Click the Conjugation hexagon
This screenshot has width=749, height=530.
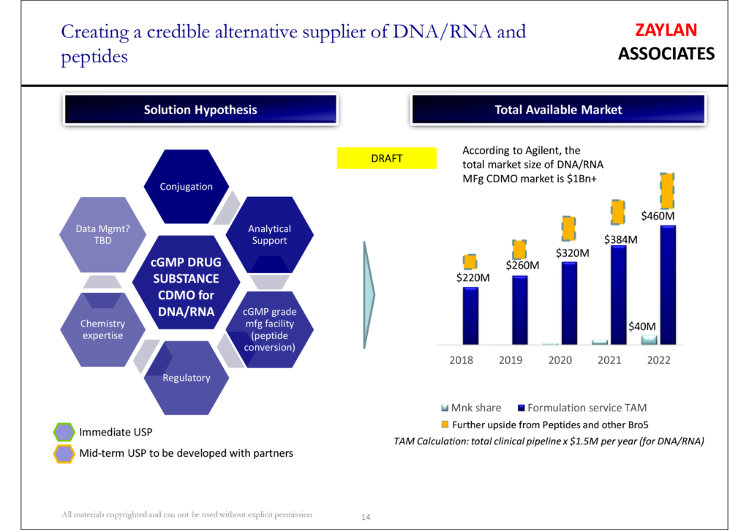pos(187,187)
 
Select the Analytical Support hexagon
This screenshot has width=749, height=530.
pos(269,235)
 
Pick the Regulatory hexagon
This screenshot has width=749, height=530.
pos(187,378)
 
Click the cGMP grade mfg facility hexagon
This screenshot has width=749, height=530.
pos(269,329)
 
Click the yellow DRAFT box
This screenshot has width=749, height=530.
pos(385,158)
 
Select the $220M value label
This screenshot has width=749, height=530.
pos(473,277)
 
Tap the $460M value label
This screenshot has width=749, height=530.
pos(658,216)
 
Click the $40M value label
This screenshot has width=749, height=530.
pos(643,326)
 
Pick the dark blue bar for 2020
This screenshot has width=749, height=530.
pos(568,302)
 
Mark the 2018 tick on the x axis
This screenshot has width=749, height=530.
pos(462,360)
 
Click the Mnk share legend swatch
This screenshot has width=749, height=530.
pos(445,408)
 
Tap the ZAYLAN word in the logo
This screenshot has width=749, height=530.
pos(666,30)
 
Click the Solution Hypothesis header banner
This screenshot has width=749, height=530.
pos(200,110)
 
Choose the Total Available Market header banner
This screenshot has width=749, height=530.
pos(558,110)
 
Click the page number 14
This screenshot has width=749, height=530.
pos(366,518)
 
